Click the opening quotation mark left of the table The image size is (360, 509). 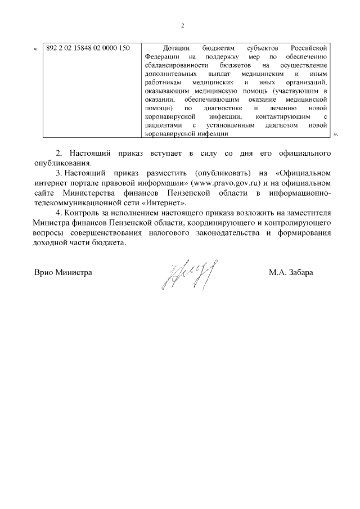(x=36, y=48)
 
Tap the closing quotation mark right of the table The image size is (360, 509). (x=336, y=135)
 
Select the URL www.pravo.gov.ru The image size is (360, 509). (x=225, y=183)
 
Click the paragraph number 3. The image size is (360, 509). (x=59, y=173)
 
